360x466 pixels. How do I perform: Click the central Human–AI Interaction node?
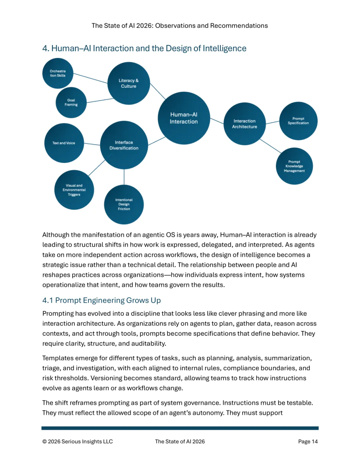pos(184,118)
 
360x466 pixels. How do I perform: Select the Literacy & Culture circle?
pos(129,83)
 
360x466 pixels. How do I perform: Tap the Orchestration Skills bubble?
pos(58,73)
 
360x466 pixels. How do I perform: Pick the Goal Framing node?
pos(71,102)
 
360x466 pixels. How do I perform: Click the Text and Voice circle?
pos(64,143)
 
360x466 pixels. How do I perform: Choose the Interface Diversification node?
pos(124,145)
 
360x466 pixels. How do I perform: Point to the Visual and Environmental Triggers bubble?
pos(74,190)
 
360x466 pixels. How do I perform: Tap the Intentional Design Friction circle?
pos(124,204)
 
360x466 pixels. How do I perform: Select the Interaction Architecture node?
pos(245,124)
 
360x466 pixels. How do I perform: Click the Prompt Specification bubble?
pos(298,121)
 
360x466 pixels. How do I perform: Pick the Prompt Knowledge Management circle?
pos(294,166)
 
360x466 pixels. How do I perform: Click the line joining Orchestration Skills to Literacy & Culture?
pos(90,78)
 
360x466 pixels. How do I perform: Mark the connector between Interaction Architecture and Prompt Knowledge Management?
pos(270,146)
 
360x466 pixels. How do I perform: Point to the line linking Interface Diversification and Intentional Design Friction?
pos(124,177)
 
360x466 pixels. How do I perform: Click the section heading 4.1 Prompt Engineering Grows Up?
pos(101,300)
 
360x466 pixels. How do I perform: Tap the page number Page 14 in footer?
pos(308,441)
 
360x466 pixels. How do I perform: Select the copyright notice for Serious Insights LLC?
pos(78,441)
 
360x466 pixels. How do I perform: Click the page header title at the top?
pos(180,26)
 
